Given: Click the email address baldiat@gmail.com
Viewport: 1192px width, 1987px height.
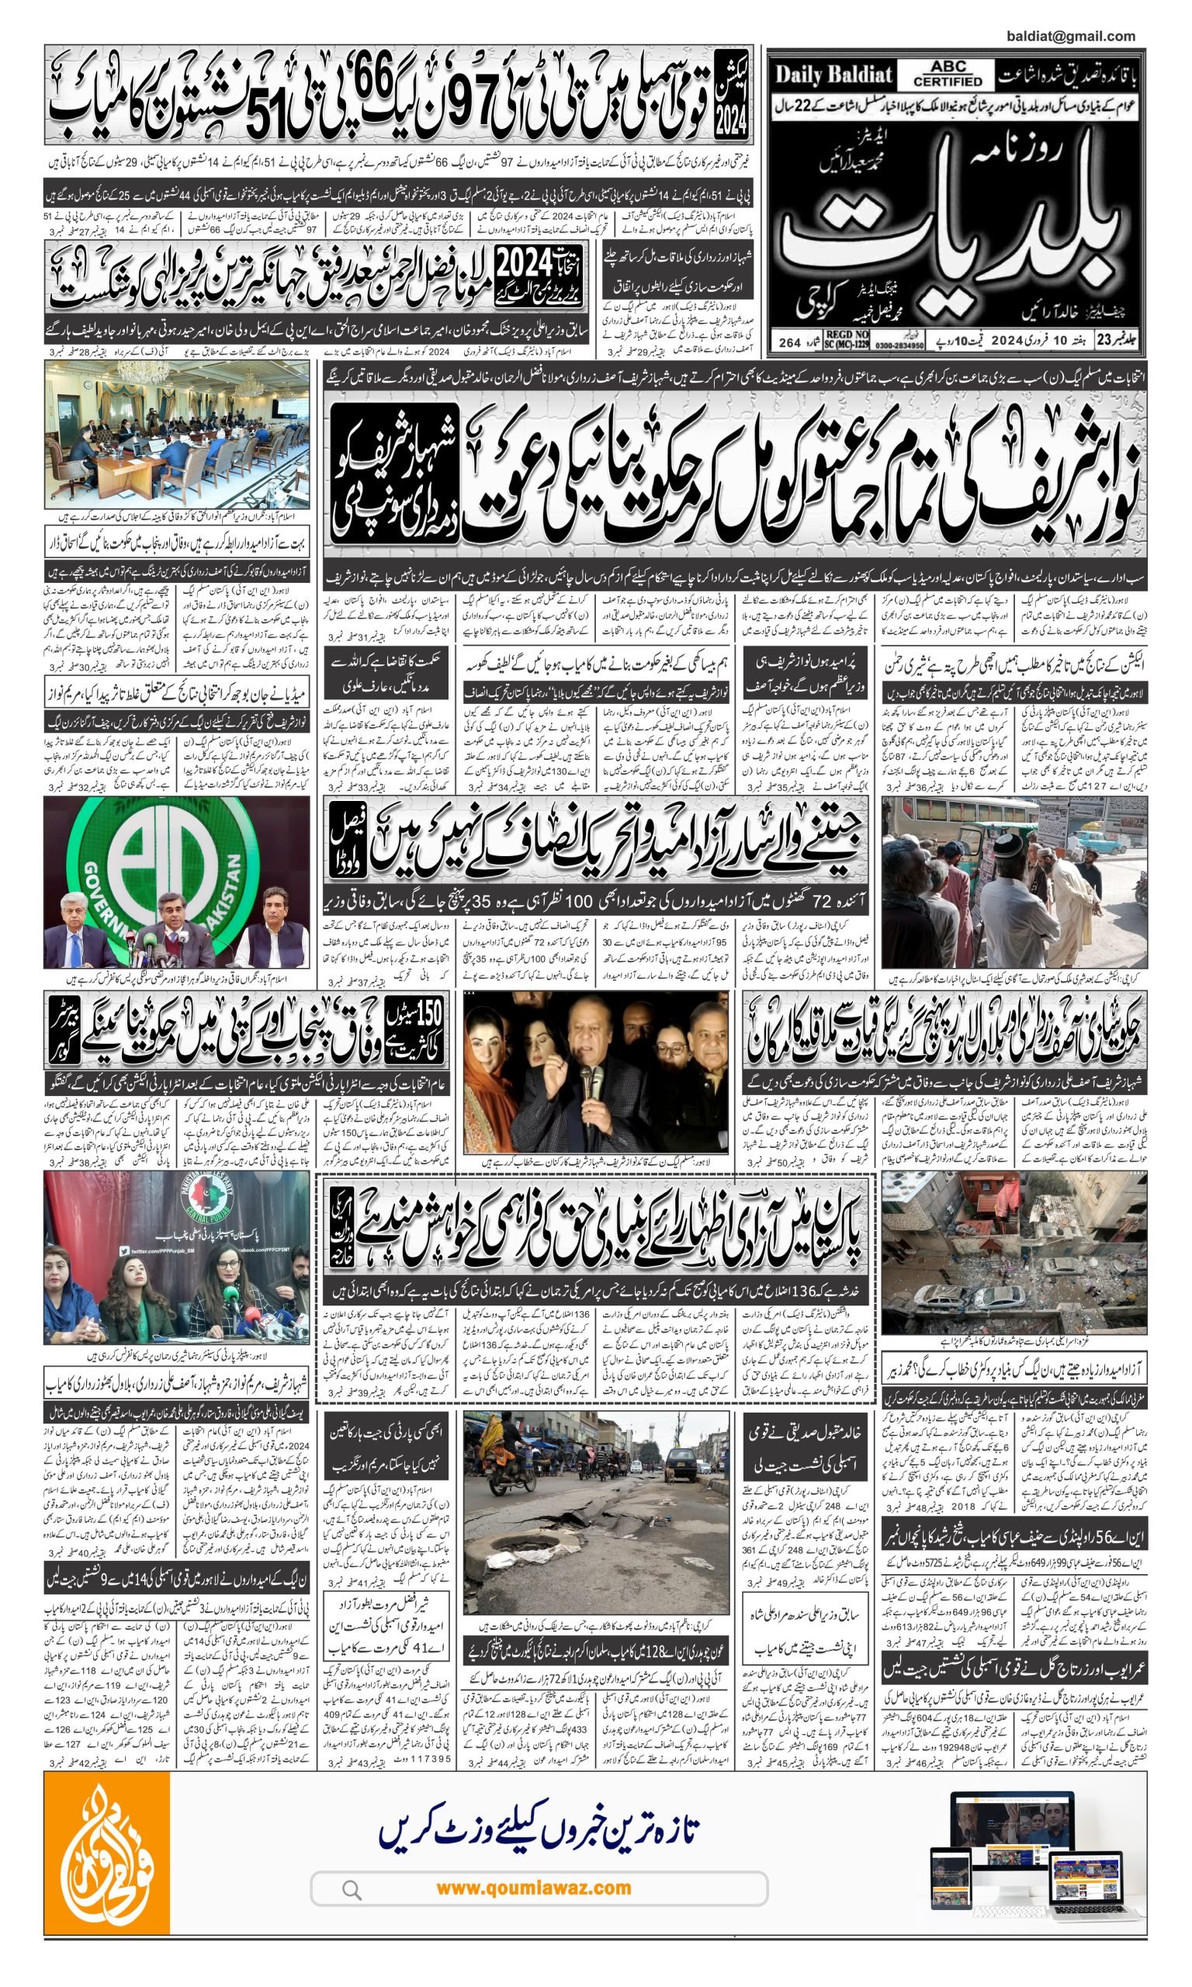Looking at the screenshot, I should (x=1070, y=36).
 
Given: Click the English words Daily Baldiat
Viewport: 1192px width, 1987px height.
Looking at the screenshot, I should (x=833, y=75).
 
